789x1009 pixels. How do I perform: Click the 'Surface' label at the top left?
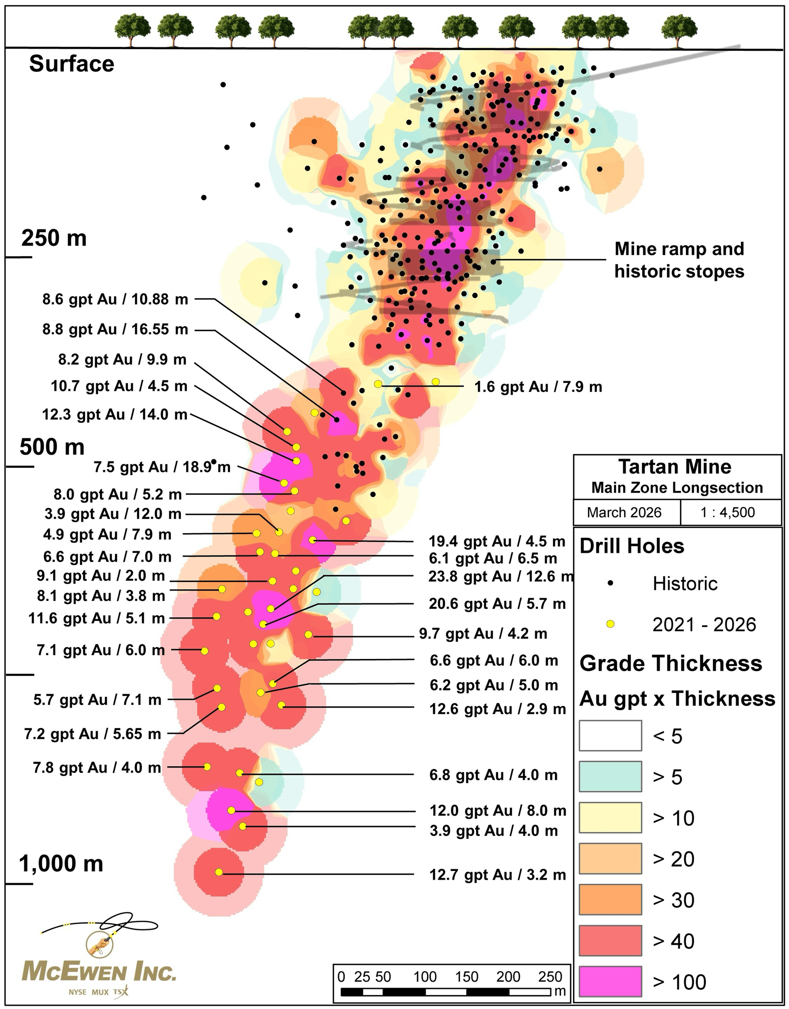(71, 64)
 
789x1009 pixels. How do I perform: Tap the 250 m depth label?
(54, 238)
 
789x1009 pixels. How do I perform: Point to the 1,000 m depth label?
(61, 863)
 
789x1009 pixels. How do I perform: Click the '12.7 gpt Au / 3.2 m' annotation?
(497, 874)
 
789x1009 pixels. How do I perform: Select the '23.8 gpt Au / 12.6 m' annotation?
(501, 577)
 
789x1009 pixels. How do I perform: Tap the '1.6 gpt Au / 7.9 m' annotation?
(538, 387)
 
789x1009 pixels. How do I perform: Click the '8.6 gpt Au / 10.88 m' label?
(116, 299)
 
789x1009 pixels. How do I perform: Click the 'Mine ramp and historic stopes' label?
(679, 260)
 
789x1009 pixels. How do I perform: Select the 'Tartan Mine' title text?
(675, 467)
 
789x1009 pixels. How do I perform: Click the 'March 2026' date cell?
(624, 512)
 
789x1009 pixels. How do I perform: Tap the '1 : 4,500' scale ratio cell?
(727, 512)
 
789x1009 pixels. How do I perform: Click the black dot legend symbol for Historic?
(610, 583)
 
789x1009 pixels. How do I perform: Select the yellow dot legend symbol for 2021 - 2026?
(610, 624)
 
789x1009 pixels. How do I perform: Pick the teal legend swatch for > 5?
(610, 777)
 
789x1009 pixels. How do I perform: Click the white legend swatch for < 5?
(610, 736)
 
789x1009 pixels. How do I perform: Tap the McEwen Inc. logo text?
(99, 971)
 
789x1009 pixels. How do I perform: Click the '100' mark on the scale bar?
(424, 977)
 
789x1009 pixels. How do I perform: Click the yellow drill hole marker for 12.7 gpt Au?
(219, 872)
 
